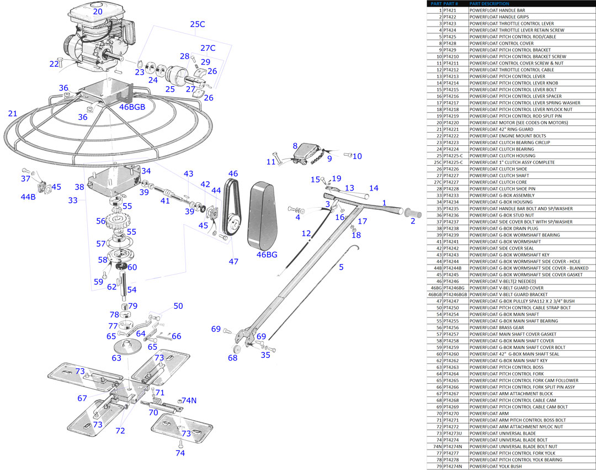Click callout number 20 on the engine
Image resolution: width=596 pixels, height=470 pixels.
98,11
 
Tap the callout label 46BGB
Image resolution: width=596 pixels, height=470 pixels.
132,107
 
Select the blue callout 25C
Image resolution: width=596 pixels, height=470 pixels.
197,24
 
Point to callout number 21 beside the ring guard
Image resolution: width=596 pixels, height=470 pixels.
12,114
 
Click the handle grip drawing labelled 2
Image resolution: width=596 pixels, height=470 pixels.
412,213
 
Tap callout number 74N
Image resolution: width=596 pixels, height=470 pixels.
189,400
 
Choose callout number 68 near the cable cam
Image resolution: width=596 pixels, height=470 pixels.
233,358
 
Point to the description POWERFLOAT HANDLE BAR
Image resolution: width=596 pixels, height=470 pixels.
497,10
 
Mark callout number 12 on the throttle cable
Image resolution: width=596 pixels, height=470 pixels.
306,234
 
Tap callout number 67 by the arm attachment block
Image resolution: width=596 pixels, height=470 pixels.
82,398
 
